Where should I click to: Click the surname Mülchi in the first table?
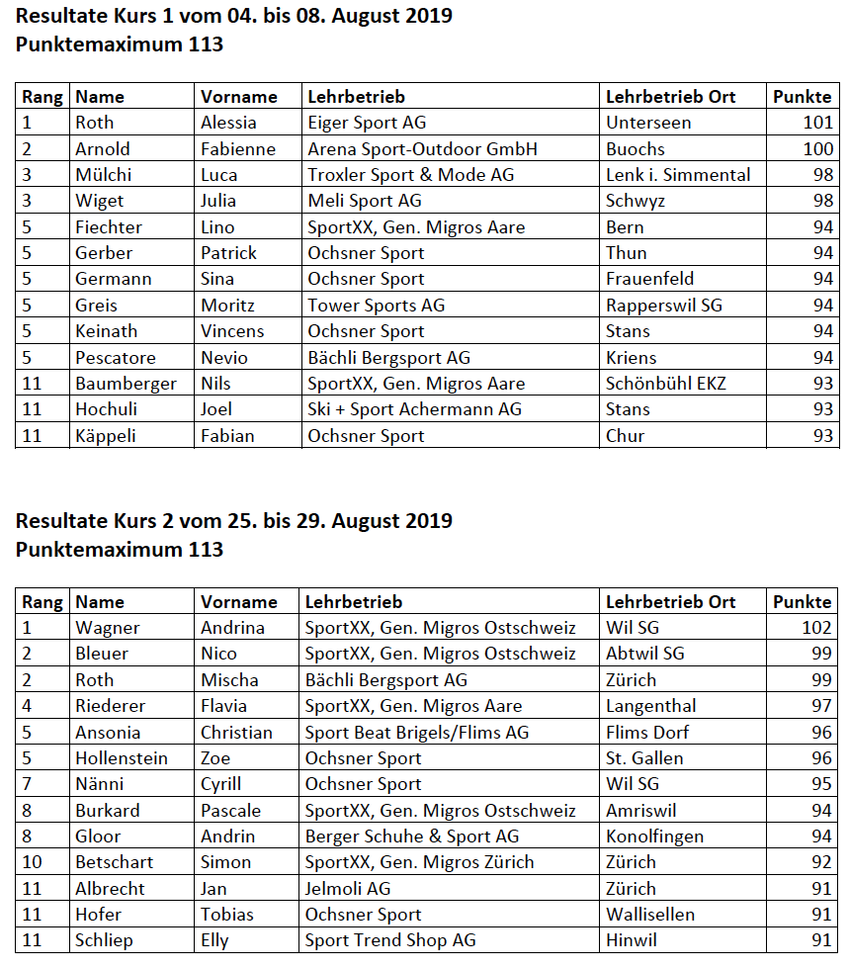coord(103,175)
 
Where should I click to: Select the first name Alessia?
coord(228,123)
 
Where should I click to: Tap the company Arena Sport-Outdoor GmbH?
coord(422,149)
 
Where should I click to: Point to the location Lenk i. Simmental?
coord(678,175)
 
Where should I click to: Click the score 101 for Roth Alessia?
coord(818,123)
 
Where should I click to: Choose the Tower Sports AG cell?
coord(376,306)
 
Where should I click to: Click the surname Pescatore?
coord(116,358)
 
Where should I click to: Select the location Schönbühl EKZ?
coord(665,384)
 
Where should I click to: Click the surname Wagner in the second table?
coord(108,628)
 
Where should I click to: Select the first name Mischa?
coord(229,680)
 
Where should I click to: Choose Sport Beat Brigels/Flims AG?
coord(416,733)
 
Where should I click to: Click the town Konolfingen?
coord(654,837)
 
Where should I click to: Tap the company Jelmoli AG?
coord(347,889)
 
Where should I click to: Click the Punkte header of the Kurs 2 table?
coord(802,601)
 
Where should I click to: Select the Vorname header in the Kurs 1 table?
coord(238,97)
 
